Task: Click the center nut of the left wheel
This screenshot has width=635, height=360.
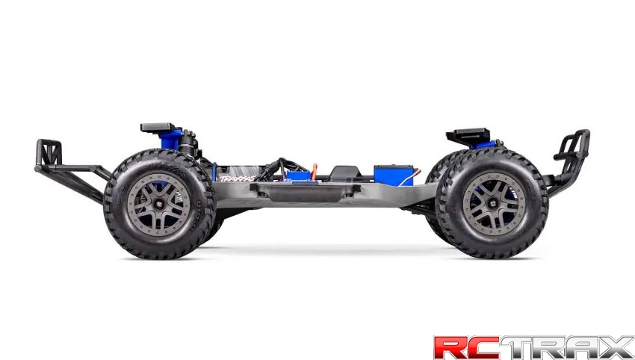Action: [x=159, y=202]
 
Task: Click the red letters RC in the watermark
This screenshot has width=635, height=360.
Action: [x=467, y=347]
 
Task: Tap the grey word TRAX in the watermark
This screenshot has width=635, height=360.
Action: [x=567, y=347]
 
